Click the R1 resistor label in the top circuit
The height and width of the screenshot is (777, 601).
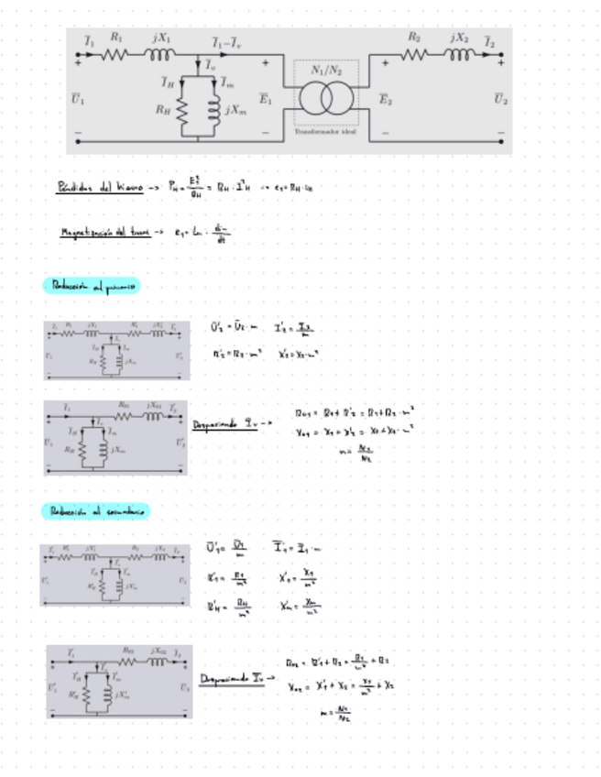pos(115,38)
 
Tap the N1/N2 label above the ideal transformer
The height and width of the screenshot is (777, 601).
pos(325,70)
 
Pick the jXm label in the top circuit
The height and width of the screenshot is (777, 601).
pos(235,111)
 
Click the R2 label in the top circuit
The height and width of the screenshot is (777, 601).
pos(414,38)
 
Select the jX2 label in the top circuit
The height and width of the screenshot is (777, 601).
pos(459,38)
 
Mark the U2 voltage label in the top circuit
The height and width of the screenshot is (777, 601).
pos(500,98)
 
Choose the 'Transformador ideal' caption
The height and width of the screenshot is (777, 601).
pos(325,132)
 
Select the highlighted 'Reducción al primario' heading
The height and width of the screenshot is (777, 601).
pos(91,287)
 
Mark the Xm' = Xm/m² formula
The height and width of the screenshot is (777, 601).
pos(300,605)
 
